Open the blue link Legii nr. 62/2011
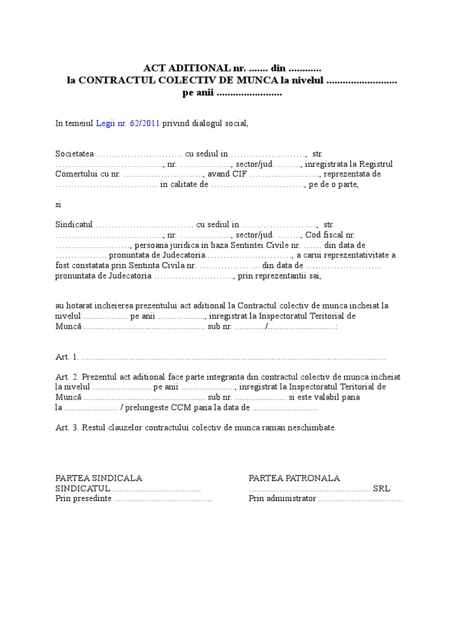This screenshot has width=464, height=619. click(x=127, y=123)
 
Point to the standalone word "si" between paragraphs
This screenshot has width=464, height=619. click(x=59, y=204)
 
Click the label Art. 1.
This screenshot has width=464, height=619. click(x=66, y=357)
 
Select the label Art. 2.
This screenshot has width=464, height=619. click(x=66, y=377)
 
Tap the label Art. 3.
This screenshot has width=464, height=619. click(x=66, y=427)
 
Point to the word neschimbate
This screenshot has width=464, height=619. click(x=311, y=427)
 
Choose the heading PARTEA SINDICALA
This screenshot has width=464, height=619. click(x=98, y=478)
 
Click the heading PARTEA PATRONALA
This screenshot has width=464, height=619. click(x=294, y=478)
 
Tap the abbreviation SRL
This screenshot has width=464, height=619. click(x=381, y=488)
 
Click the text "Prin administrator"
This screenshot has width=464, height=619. click(x=282, y=499)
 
